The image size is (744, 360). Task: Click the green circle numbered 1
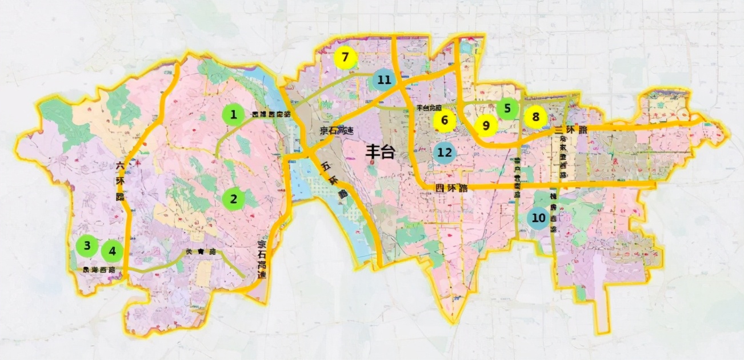233,115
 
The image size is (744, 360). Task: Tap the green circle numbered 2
233,199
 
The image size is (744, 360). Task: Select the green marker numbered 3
87,246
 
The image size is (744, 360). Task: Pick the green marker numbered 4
113,250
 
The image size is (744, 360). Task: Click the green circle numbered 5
507,107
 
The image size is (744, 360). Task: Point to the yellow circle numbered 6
444,121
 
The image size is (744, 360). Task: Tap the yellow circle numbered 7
346,58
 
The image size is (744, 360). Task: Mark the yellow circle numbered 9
486,125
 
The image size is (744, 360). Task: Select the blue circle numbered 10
538,218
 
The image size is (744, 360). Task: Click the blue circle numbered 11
383,80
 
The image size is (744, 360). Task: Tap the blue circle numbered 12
445,153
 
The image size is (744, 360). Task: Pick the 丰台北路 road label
429,107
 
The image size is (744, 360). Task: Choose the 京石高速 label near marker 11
337,130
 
